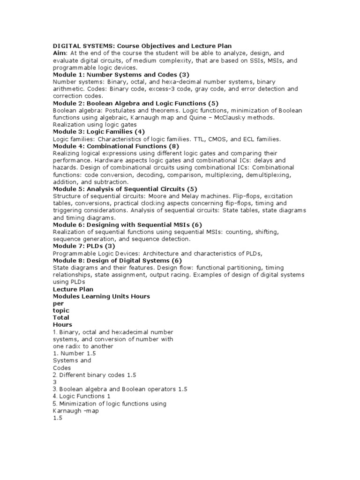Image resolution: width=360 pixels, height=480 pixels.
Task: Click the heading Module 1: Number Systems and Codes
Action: tap(120, 75)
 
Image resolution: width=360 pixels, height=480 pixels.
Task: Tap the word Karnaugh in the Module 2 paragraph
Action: tap(142, 117)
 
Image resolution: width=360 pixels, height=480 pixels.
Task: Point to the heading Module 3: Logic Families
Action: tap(99, 132)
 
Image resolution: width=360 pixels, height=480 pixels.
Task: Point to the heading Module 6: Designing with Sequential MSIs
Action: tap(120, 225)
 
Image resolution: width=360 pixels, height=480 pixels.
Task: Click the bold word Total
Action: tap(61, 317)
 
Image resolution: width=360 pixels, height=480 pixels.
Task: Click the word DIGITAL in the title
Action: tap(67, 46)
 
